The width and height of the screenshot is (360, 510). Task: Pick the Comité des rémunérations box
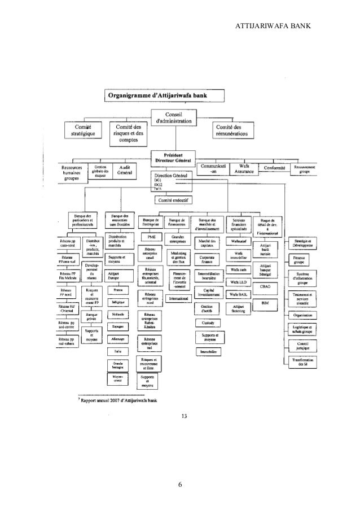pos(235,130)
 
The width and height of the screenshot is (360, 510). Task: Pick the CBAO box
pos(265,287)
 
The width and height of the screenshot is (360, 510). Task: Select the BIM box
pos(265,303)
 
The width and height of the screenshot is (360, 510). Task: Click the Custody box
pos(206,322)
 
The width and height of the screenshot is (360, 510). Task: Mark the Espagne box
pos(117,326)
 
